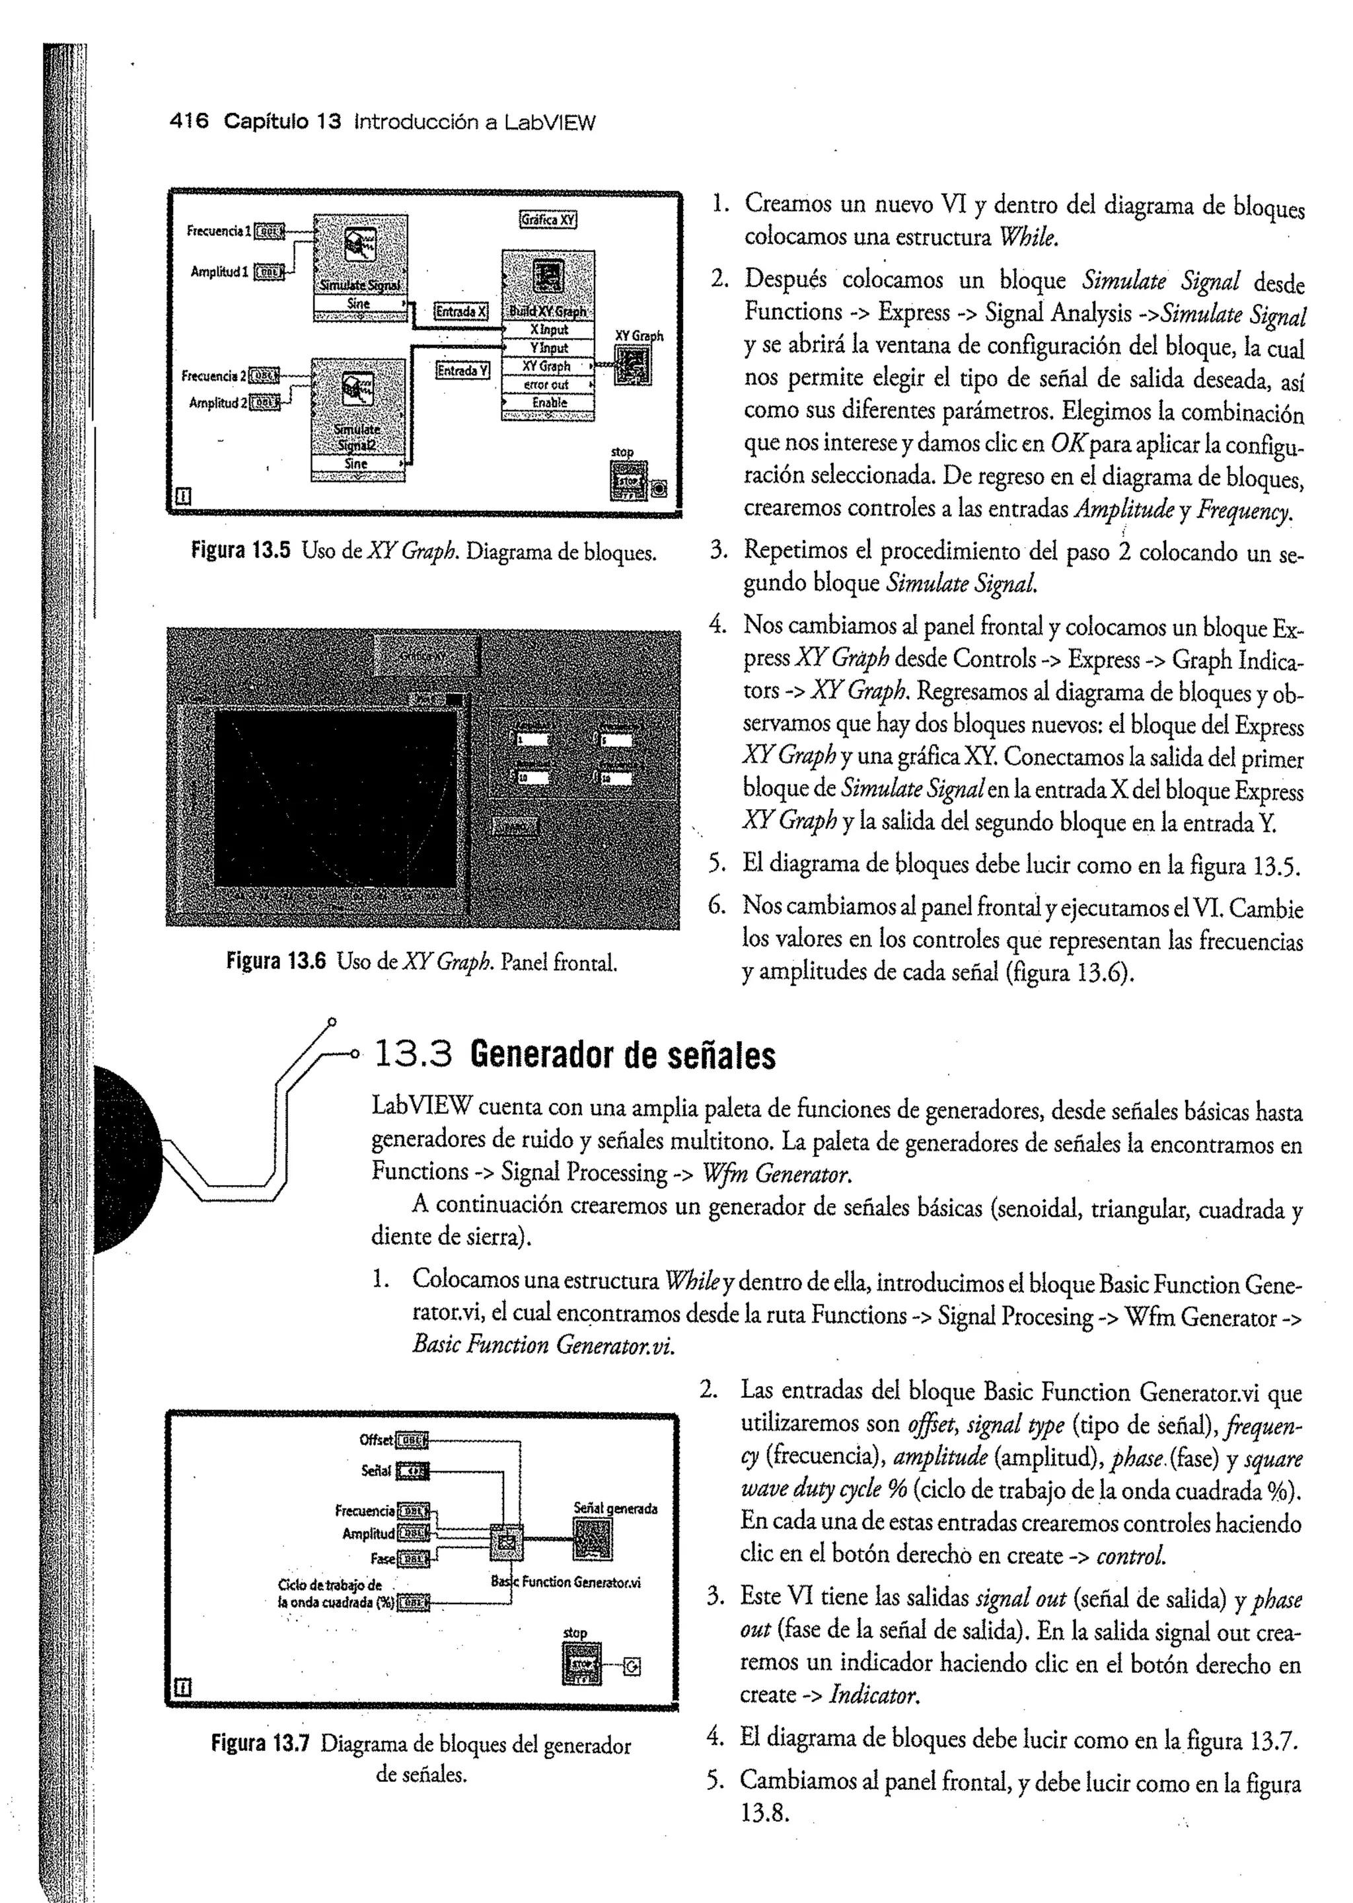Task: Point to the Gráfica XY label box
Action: coord(548,220)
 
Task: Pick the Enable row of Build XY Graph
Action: coord(548,403)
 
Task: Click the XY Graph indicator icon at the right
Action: coord(632,365)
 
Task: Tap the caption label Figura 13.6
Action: coord(275,962)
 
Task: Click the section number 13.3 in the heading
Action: coord(412,1056)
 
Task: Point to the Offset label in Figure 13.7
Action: coord(376,1440)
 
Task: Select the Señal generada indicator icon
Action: coord(593,1538)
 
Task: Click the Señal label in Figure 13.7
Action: coord(376,1471)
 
